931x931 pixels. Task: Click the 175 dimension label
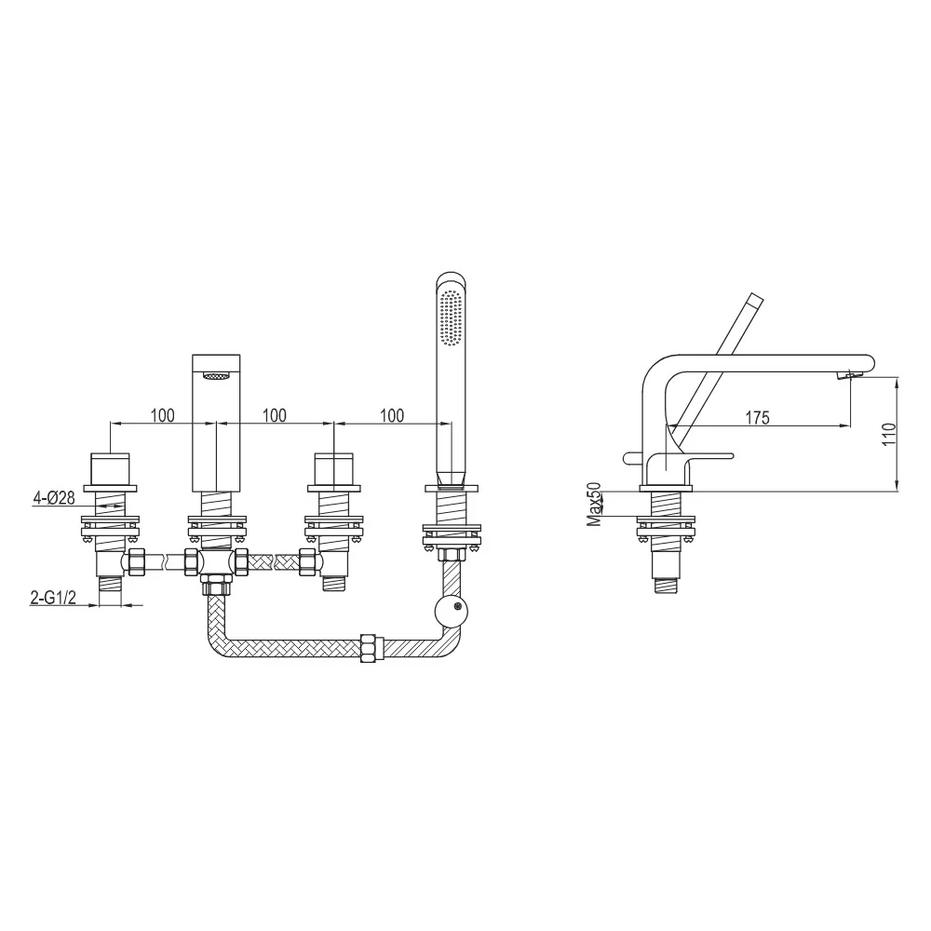point(758,417)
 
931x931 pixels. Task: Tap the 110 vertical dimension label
point(889,435)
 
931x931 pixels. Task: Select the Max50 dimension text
point(594,504)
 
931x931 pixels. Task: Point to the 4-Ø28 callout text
point(53,497)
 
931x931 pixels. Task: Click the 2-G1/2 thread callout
point(53,598)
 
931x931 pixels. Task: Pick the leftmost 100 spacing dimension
point(162,415)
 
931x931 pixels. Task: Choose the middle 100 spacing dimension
point(274,415)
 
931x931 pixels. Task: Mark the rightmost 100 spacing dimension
point(391,415)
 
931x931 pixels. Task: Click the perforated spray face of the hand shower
point(452,317)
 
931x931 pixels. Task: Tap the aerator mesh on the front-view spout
point(216,375)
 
